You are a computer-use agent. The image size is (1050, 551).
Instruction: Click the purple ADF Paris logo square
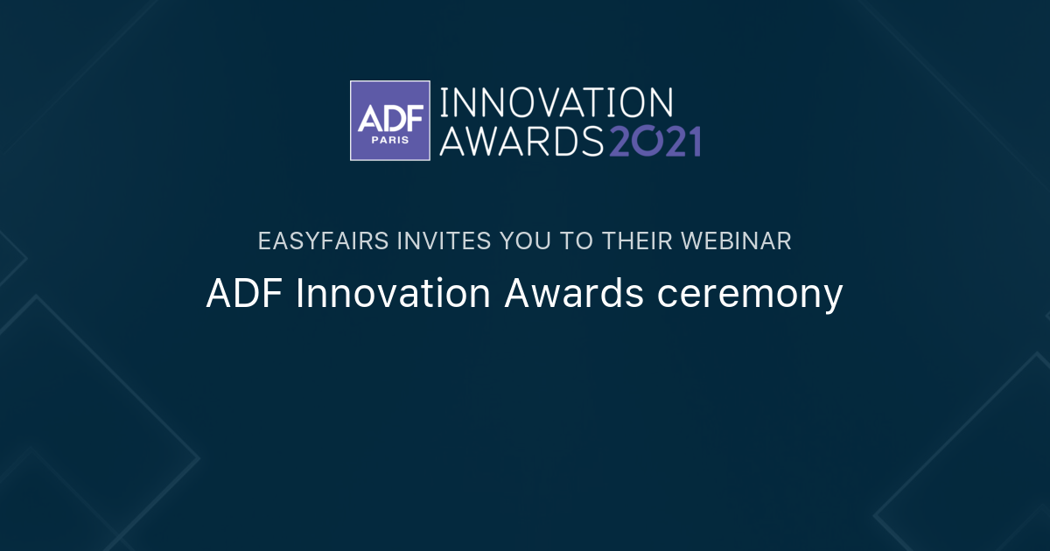click(x=390, y=121)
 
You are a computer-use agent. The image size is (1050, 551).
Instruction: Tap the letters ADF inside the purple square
click(x=390, y=114)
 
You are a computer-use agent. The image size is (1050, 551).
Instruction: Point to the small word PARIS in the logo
click(x=390, y=140)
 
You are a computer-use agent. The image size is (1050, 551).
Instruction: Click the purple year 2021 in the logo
click(x=654, y=140)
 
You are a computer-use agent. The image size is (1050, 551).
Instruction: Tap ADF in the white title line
click(x=245, y=294)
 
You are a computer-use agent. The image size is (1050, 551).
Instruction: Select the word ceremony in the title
click(x=751, y=296)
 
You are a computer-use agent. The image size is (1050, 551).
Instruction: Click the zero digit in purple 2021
click(x=647, y=140)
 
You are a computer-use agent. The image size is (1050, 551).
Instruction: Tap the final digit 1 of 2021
click(x=694, y=140)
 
